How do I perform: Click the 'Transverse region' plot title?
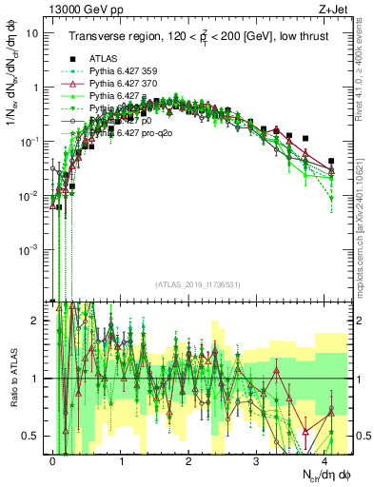tap(195, 36)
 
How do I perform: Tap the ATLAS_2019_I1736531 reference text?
tap(190, 284)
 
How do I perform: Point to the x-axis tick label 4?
tap(325, 459)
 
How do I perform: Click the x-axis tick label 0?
tap(53, 459)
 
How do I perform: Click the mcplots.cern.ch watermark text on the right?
tap(364, 238)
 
